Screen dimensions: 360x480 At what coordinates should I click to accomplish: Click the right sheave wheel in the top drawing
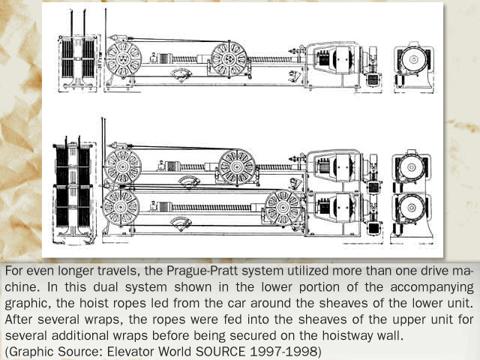pos(229,58)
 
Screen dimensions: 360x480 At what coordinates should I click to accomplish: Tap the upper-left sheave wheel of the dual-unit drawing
pos(123,167)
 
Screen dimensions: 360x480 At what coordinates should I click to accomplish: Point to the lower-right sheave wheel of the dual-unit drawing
pos(283,207)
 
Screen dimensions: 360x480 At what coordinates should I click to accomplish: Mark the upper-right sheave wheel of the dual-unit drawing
pos(237,167)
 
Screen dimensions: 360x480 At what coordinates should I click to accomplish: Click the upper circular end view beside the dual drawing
pos(412,169)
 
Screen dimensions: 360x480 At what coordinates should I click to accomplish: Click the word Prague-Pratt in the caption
pos(187,269)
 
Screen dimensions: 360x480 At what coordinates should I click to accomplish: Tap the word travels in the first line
pos(110,269)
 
